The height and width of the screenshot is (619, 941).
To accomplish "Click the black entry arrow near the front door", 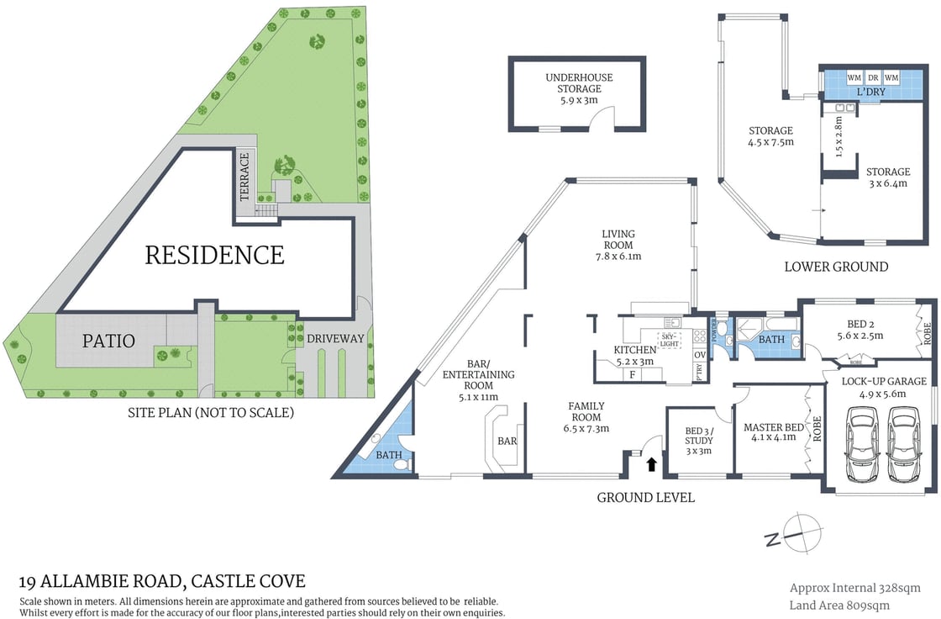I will (651, 463).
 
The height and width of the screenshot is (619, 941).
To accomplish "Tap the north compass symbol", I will (793, 533).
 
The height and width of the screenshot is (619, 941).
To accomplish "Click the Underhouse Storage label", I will (579, 88).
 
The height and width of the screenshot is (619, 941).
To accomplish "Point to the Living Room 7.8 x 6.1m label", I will (618, 245).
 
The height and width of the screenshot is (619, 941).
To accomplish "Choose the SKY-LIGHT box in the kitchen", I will (669, 339).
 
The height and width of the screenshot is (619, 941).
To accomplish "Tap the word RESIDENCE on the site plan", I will (214, 255).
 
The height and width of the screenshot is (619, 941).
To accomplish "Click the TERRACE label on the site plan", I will (244, 177).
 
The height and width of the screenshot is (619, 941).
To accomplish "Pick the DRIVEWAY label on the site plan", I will (334, 339).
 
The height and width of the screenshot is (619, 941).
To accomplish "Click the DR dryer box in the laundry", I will (872, 77).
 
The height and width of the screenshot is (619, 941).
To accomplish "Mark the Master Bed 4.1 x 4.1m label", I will (773, 432).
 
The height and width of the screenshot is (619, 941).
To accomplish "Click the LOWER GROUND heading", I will (835, 267).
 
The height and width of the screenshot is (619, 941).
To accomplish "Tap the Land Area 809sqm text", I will (838, 605).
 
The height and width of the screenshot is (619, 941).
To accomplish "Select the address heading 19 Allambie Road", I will (161, 581).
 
